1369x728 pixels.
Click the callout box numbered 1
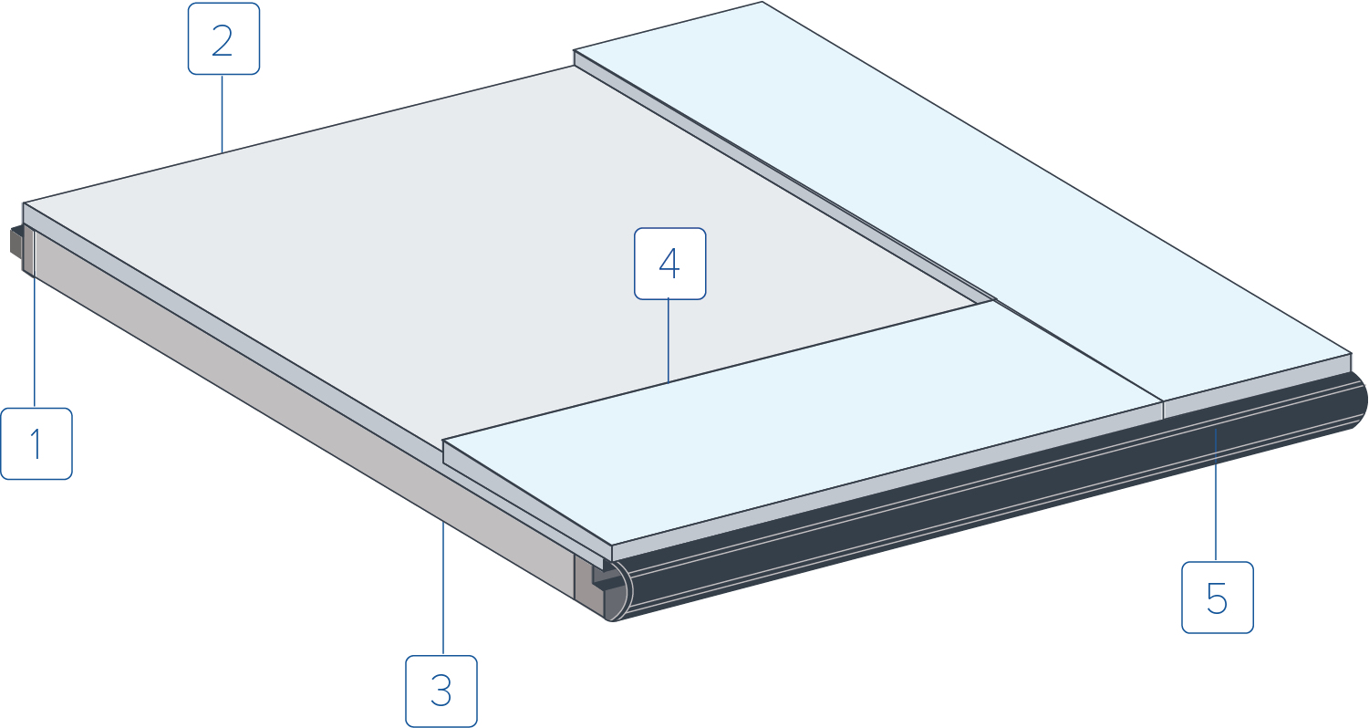pyautogui.click(x=36, y=443)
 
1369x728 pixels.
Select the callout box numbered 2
pyautogui.click(x=223, y=38)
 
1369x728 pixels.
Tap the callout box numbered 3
pyautogui.click(x=441, y=692)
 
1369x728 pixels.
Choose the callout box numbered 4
pyautogui.click(x=669, y=264)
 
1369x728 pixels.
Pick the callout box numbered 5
pyautogui.click(x=1218, y=598)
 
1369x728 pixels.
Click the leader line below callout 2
pyautogui.click(x=222, y=114)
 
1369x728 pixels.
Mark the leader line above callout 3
pyautogui.click(x=443, y=588)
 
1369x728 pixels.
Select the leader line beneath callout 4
pyautogui.click(x=668, y=340)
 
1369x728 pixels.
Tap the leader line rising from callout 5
pyautogui.click(x=1216, y=495)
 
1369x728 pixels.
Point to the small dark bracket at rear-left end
pyautogui.click(x=17, y=242)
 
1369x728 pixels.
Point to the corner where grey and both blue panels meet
pyautogui.click(x=994, y=300)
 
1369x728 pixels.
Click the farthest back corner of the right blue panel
pyautogui.click(x=762, y=3)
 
